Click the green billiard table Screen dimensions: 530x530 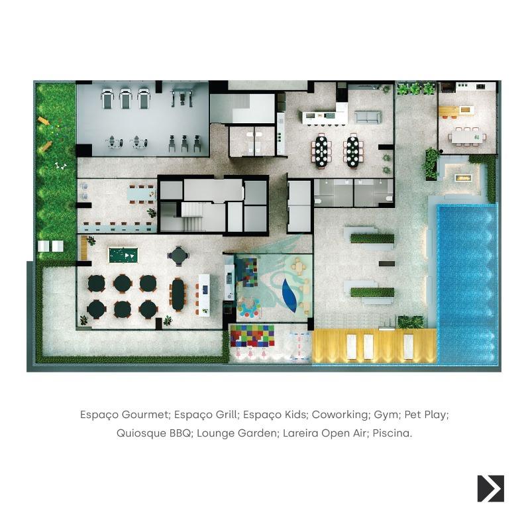[123, 255]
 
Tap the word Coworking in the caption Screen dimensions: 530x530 [340, 415]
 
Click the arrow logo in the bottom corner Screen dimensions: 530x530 [490, 488]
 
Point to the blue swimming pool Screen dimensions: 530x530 [467, 284]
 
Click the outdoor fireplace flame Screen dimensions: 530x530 [462, 177]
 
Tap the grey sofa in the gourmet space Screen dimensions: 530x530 [368, 117]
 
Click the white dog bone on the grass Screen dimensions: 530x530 [60, 166]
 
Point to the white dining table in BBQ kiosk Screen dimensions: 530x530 [467, 137]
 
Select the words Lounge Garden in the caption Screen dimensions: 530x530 [237, 433]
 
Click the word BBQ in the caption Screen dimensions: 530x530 [179, 433]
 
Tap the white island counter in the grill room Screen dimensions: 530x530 [204, 295]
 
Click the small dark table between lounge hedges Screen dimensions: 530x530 [386, 263]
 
